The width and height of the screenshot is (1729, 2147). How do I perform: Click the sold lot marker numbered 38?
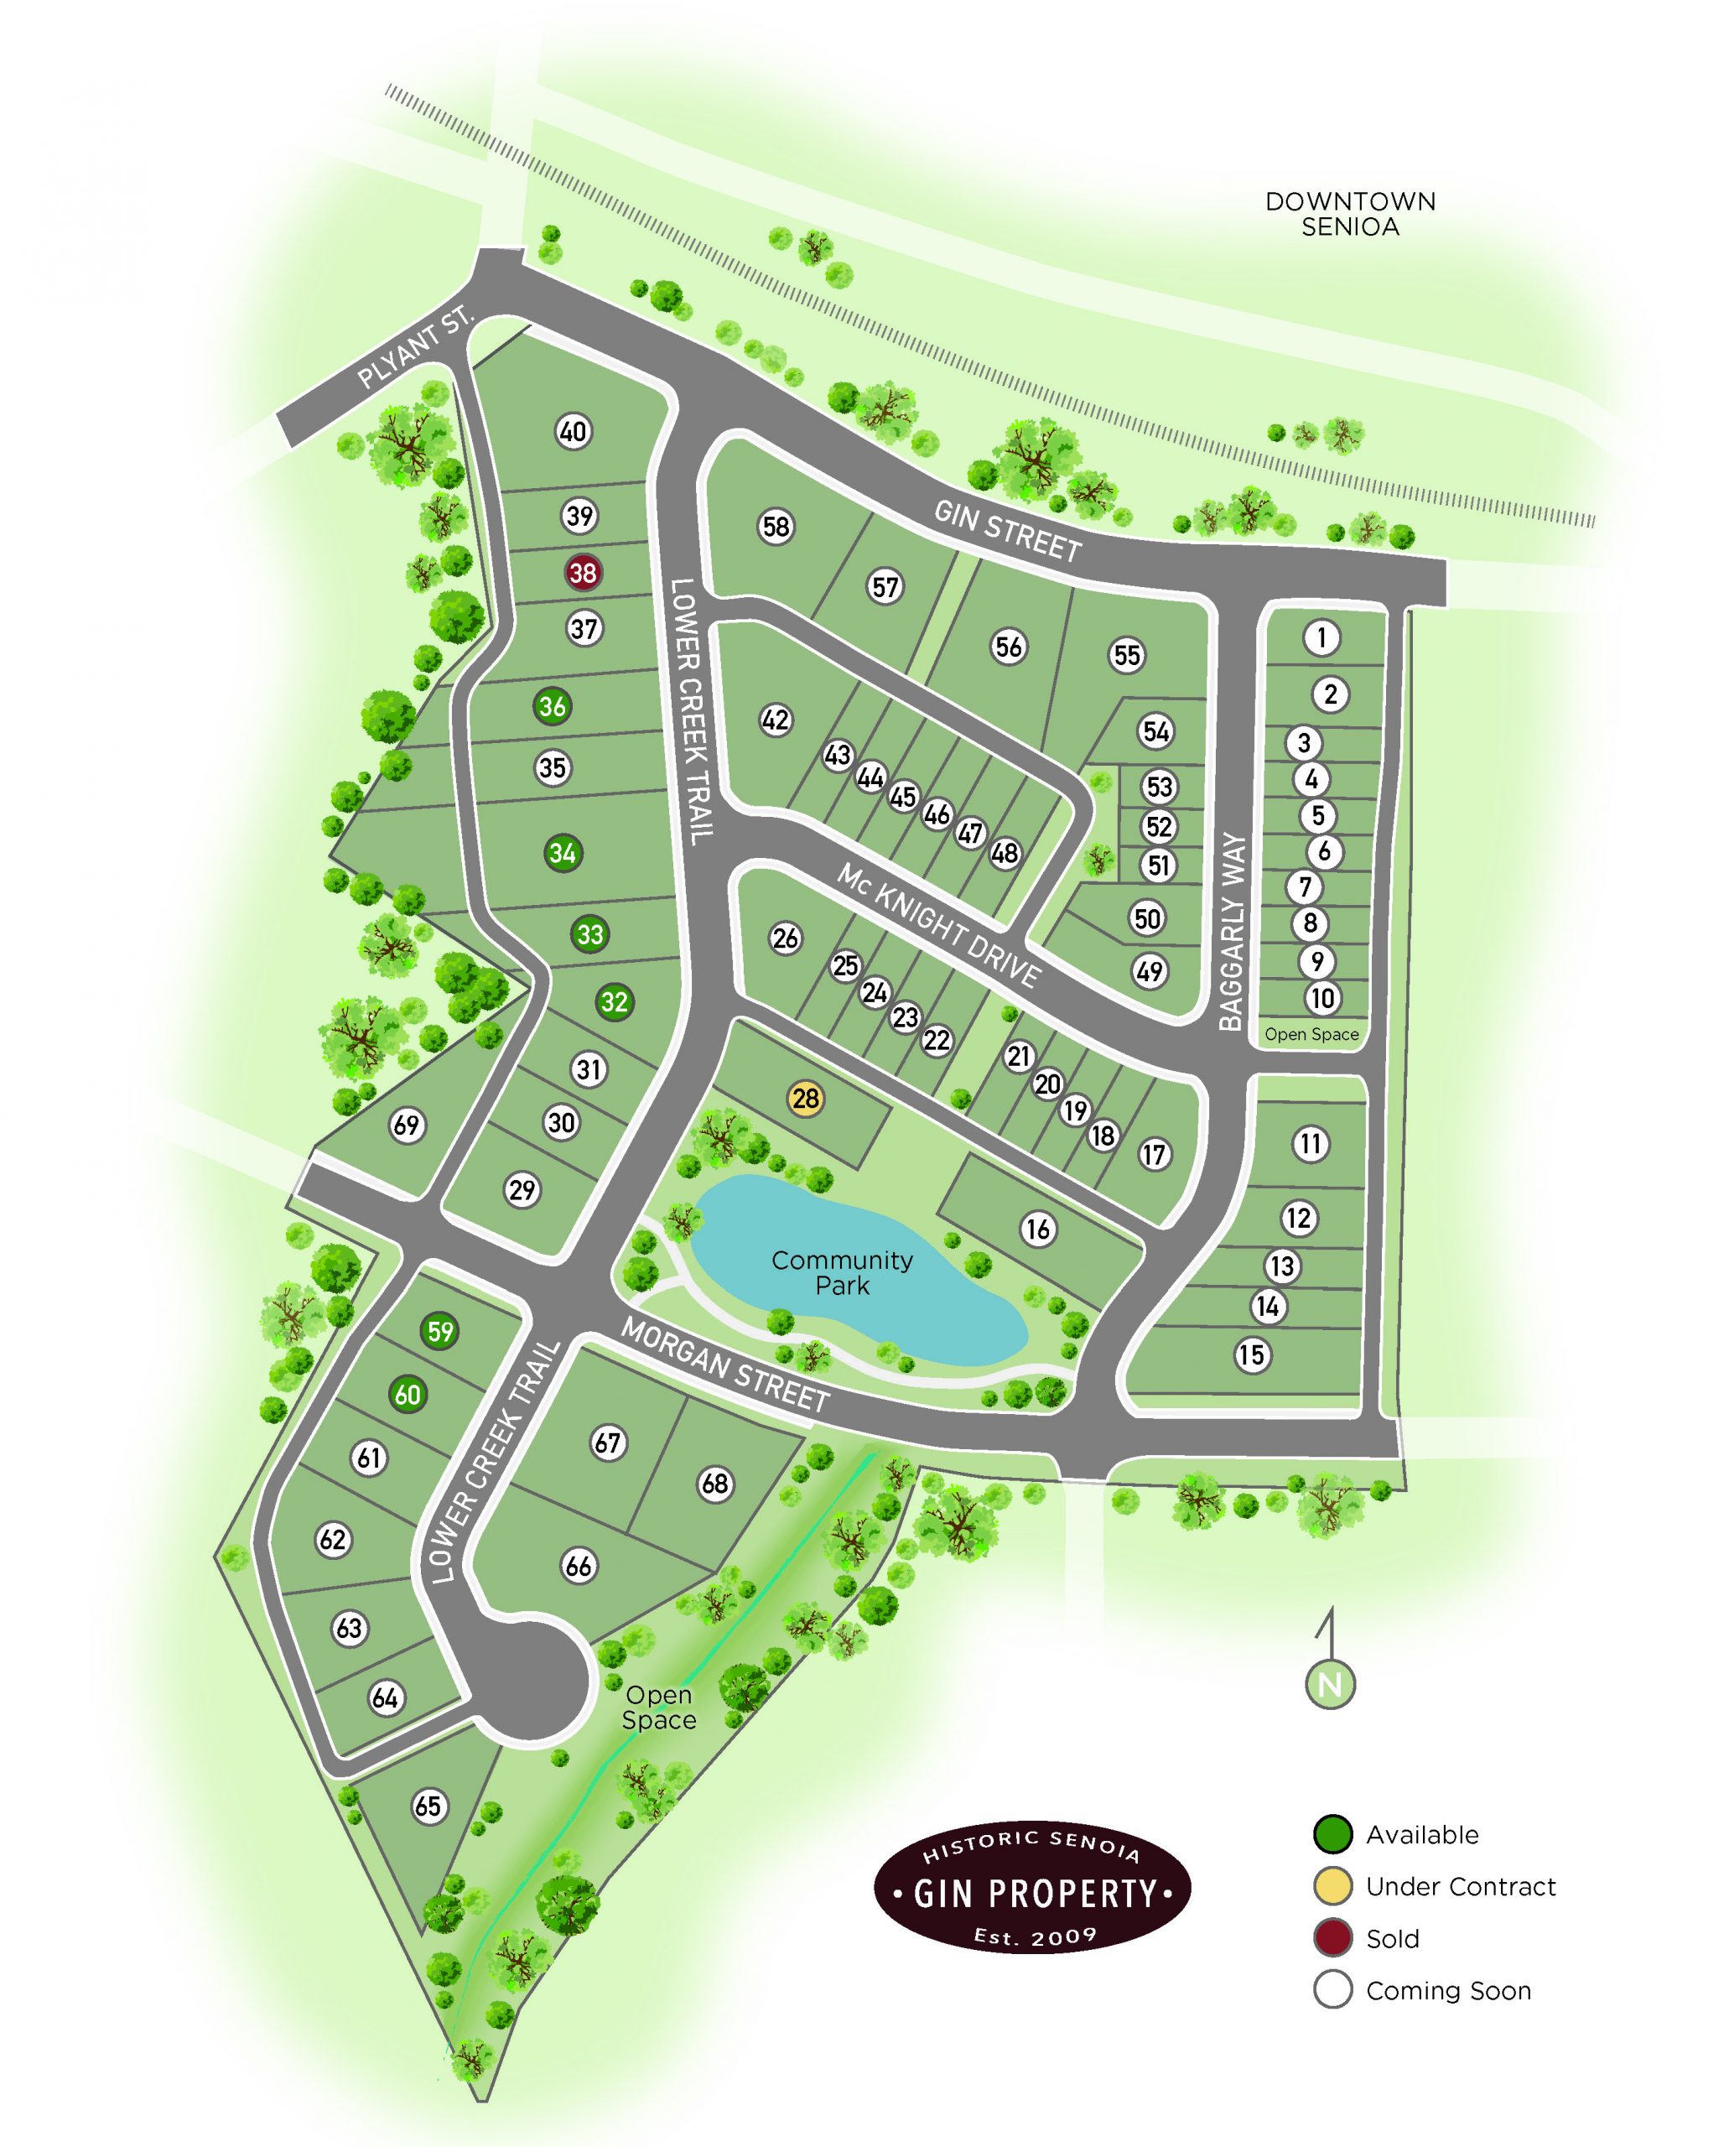tap(583, 573)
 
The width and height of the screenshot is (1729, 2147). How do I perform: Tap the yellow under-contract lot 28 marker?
tap(805, 1099)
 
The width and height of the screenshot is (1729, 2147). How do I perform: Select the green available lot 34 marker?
tap(563, 854)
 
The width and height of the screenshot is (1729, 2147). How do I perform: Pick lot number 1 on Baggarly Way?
tap(1321, 637)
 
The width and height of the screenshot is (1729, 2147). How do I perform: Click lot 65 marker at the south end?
tap(428, 1806)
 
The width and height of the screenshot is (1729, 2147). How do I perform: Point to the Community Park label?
tap(842, 1273)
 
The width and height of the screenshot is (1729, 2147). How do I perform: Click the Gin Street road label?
tap(1007, 531)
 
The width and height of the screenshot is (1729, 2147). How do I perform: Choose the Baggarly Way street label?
tap(1232, 933)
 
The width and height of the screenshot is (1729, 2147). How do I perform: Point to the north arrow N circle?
tap(1330, 1685)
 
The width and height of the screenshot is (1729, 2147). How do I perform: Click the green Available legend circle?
tap(1332, 1834)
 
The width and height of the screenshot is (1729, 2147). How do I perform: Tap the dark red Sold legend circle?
tap(1332, 1939)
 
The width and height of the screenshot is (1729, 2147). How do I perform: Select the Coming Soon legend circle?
tap(1332, 1990)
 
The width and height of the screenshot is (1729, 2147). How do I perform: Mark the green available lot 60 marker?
tap(408, 1395)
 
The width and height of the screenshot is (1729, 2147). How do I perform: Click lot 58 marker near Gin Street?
tap(776, 526)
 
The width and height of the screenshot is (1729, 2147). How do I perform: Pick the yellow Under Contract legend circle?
tap(1332, 1886)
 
